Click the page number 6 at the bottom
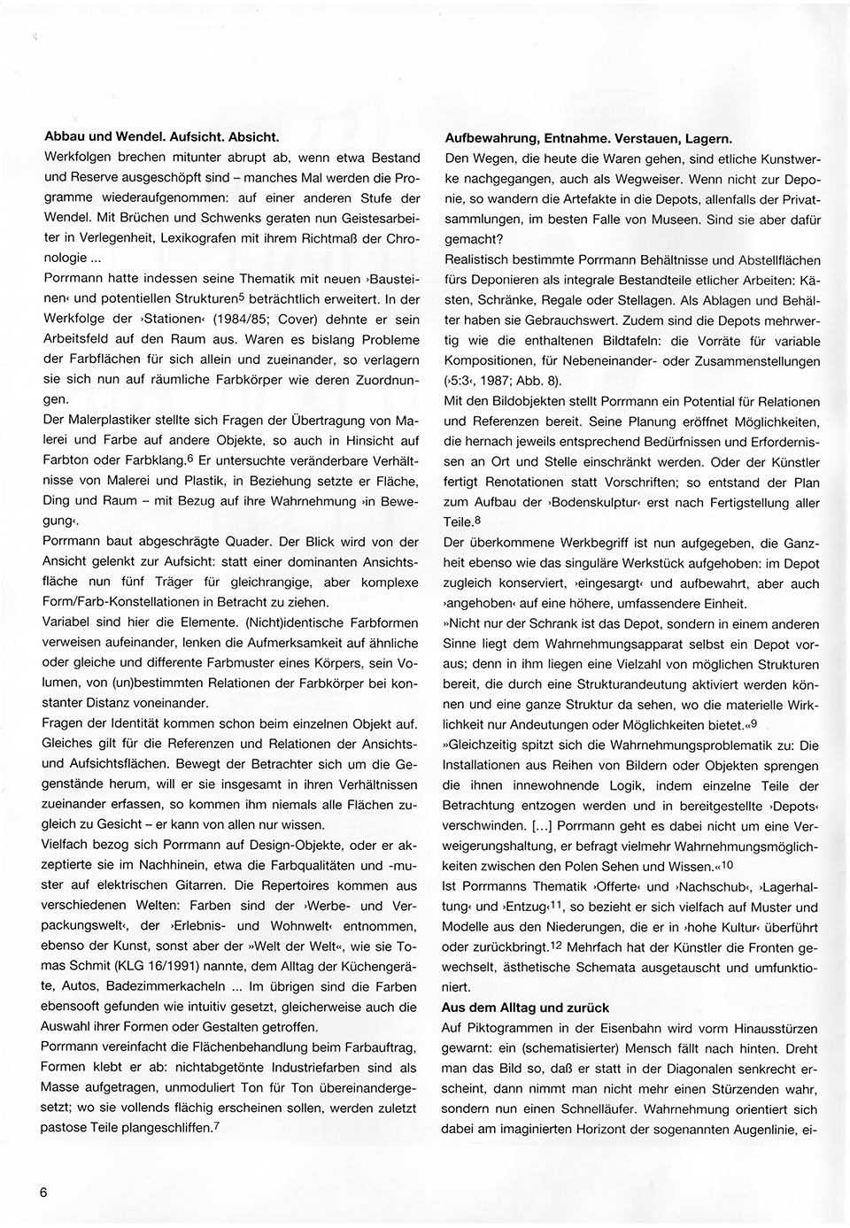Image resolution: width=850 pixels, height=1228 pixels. [42, 1192]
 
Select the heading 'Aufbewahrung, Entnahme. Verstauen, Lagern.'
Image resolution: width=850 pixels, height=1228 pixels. [587, 139]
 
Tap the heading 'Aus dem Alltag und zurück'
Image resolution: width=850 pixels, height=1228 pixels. [529, 1008]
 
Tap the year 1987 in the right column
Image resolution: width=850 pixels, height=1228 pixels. [496, 381]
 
